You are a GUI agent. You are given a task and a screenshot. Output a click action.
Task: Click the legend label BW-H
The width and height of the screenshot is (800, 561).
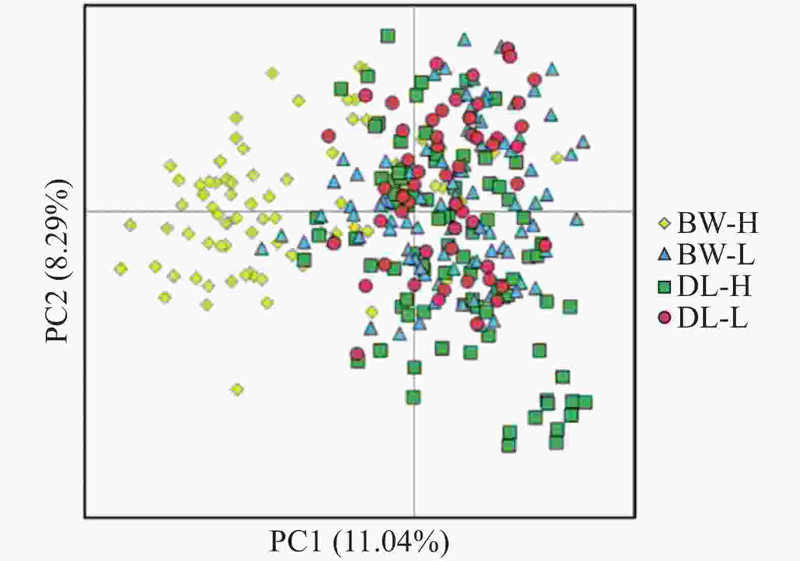pos(717,223)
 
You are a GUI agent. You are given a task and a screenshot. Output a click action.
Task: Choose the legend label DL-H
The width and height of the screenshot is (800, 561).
pos(714,287)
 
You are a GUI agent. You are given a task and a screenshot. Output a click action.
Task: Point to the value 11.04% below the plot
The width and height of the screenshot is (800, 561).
pos(391,542)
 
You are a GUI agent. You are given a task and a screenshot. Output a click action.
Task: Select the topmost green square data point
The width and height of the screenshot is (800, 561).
pos(388,36)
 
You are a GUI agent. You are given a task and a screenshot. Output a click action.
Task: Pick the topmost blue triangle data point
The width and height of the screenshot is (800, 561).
pos(464,39)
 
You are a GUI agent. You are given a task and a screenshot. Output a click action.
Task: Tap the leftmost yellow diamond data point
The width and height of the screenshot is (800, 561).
pos(121,269)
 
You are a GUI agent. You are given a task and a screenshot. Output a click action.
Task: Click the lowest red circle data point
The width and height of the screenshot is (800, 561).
pos(357,354)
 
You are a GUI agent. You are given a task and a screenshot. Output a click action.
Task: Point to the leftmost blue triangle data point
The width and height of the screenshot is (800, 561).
pos(262,249)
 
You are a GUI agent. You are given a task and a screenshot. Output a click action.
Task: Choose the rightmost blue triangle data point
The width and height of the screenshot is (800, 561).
pos(583,142)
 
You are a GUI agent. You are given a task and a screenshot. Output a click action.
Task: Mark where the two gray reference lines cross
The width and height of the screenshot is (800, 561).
pos(414,211)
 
